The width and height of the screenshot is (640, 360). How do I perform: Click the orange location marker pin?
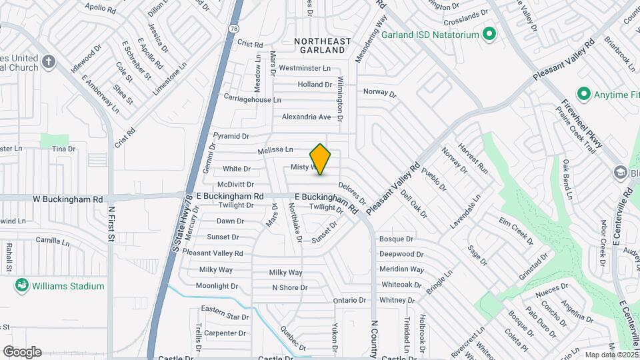point(321,159)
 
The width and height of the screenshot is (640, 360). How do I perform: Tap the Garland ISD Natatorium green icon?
point(489,33)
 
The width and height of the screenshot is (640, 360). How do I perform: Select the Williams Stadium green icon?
point(22,286)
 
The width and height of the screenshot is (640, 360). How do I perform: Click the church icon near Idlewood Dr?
point(48,62)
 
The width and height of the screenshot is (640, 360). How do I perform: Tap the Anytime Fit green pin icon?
point(584,94)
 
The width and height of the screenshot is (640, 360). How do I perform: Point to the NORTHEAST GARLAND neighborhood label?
point(323,45)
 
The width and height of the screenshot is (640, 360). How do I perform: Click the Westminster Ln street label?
point(304,68)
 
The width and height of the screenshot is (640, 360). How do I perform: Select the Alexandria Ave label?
point(306,117)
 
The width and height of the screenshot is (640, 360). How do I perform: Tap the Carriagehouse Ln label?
point(248,99)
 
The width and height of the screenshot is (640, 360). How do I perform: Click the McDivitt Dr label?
point(236,184)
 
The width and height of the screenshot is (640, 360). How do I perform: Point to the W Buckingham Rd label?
point(69,199)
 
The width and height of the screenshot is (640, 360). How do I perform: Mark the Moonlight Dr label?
point(217,286)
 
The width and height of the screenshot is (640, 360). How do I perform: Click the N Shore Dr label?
point(289,288)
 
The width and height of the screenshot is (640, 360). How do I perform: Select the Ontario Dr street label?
point(350,300)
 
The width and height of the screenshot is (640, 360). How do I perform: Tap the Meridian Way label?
point(401,269)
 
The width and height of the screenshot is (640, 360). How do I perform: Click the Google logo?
point(22,352)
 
